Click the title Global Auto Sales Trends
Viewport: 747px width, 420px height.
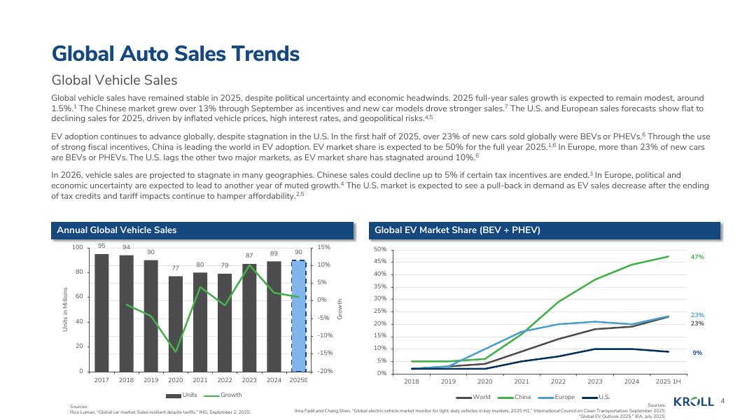(176, 54)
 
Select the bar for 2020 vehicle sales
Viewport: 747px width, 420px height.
(176, 323)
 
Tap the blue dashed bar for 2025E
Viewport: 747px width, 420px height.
(298, 315)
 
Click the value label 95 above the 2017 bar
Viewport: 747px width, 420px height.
(102, 246)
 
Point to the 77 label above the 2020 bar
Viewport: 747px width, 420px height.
(176, 268)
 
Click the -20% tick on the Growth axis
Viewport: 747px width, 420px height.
(325, 371)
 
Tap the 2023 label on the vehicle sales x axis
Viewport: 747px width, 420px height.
(249, 380)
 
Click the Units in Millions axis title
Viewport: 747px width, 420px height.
(65, 309)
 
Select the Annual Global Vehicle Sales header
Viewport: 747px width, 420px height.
(117, 230)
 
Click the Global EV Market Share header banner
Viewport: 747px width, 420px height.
(457, 230)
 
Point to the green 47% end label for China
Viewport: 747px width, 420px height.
(697, 258)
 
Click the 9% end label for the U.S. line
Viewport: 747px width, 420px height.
(697, 353)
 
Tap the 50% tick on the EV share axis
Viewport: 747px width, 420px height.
(380, 250)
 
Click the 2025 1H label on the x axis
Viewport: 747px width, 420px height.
(668, 381)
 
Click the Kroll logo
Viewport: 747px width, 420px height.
(693, 401)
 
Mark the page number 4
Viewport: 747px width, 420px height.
(722, 400)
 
